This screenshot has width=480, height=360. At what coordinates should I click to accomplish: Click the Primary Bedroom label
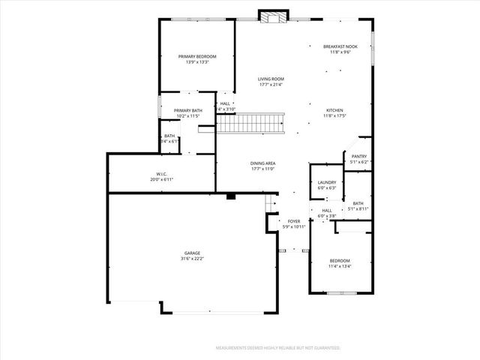[197, 57]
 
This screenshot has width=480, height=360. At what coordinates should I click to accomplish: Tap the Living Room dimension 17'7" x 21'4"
[271, 84]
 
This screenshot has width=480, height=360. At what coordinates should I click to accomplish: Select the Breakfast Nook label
[340, 46]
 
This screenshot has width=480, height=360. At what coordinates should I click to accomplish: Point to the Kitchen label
[334, 109]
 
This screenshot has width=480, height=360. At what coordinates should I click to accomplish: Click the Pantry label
[358, 156]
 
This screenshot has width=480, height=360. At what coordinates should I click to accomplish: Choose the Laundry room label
[326, 182]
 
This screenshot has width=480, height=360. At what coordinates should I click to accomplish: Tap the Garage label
[193, 253]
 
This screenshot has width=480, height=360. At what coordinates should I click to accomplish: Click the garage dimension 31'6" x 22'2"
[193, 259]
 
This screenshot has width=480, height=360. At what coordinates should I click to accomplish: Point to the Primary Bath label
[189, 111]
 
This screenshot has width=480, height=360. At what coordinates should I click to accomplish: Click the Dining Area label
[263, 163]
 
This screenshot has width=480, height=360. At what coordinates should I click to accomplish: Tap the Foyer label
[294, 221]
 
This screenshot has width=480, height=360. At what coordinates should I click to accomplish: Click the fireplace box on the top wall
[271, 16]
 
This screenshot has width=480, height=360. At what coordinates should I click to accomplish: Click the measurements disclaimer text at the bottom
[277, 348]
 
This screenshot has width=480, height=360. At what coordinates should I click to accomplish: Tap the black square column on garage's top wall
[231, 196]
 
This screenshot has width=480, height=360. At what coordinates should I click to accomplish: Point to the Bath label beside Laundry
[358, 203]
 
